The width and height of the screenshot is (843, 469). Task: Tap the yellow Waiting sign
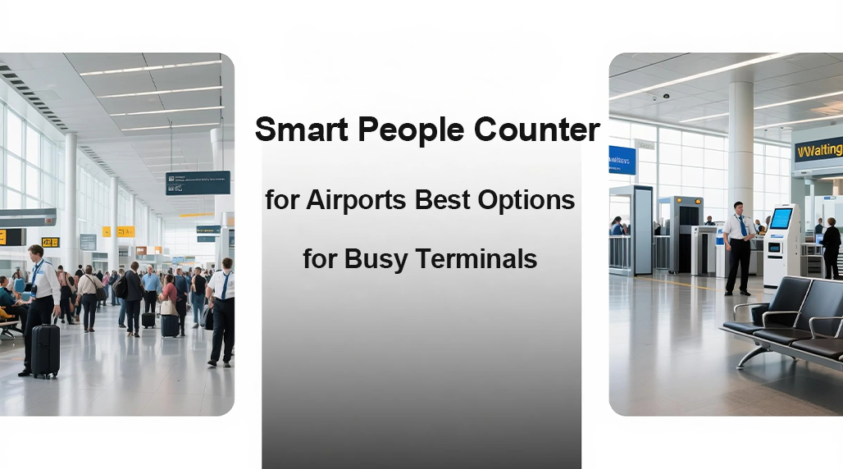point(818,151)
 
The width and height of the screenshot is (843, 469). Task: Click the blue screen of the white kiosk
point(781,219)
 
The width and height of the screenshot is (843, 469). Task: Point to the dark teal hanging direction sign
point(197,182)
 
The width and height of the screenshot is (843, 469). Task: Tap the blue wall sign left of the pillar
point(622,160)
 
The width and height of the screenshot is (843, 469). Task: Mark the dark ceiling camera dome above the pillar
point(666,96)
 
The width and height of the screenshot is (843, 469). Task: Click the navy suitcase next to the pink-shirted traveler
point(170,325)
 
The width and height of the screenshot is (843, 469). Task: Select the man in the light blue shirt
point(151,287)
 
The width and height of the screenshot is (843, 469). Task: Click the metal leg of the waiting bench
point(753,355)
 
